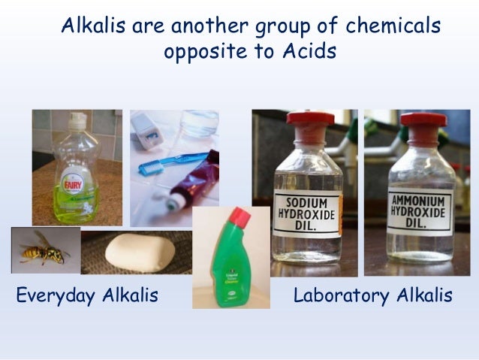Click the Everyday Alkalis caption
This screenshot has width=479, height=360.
point(87,295)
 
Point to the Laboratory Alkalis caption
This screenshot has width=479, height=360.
point(373,295)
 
